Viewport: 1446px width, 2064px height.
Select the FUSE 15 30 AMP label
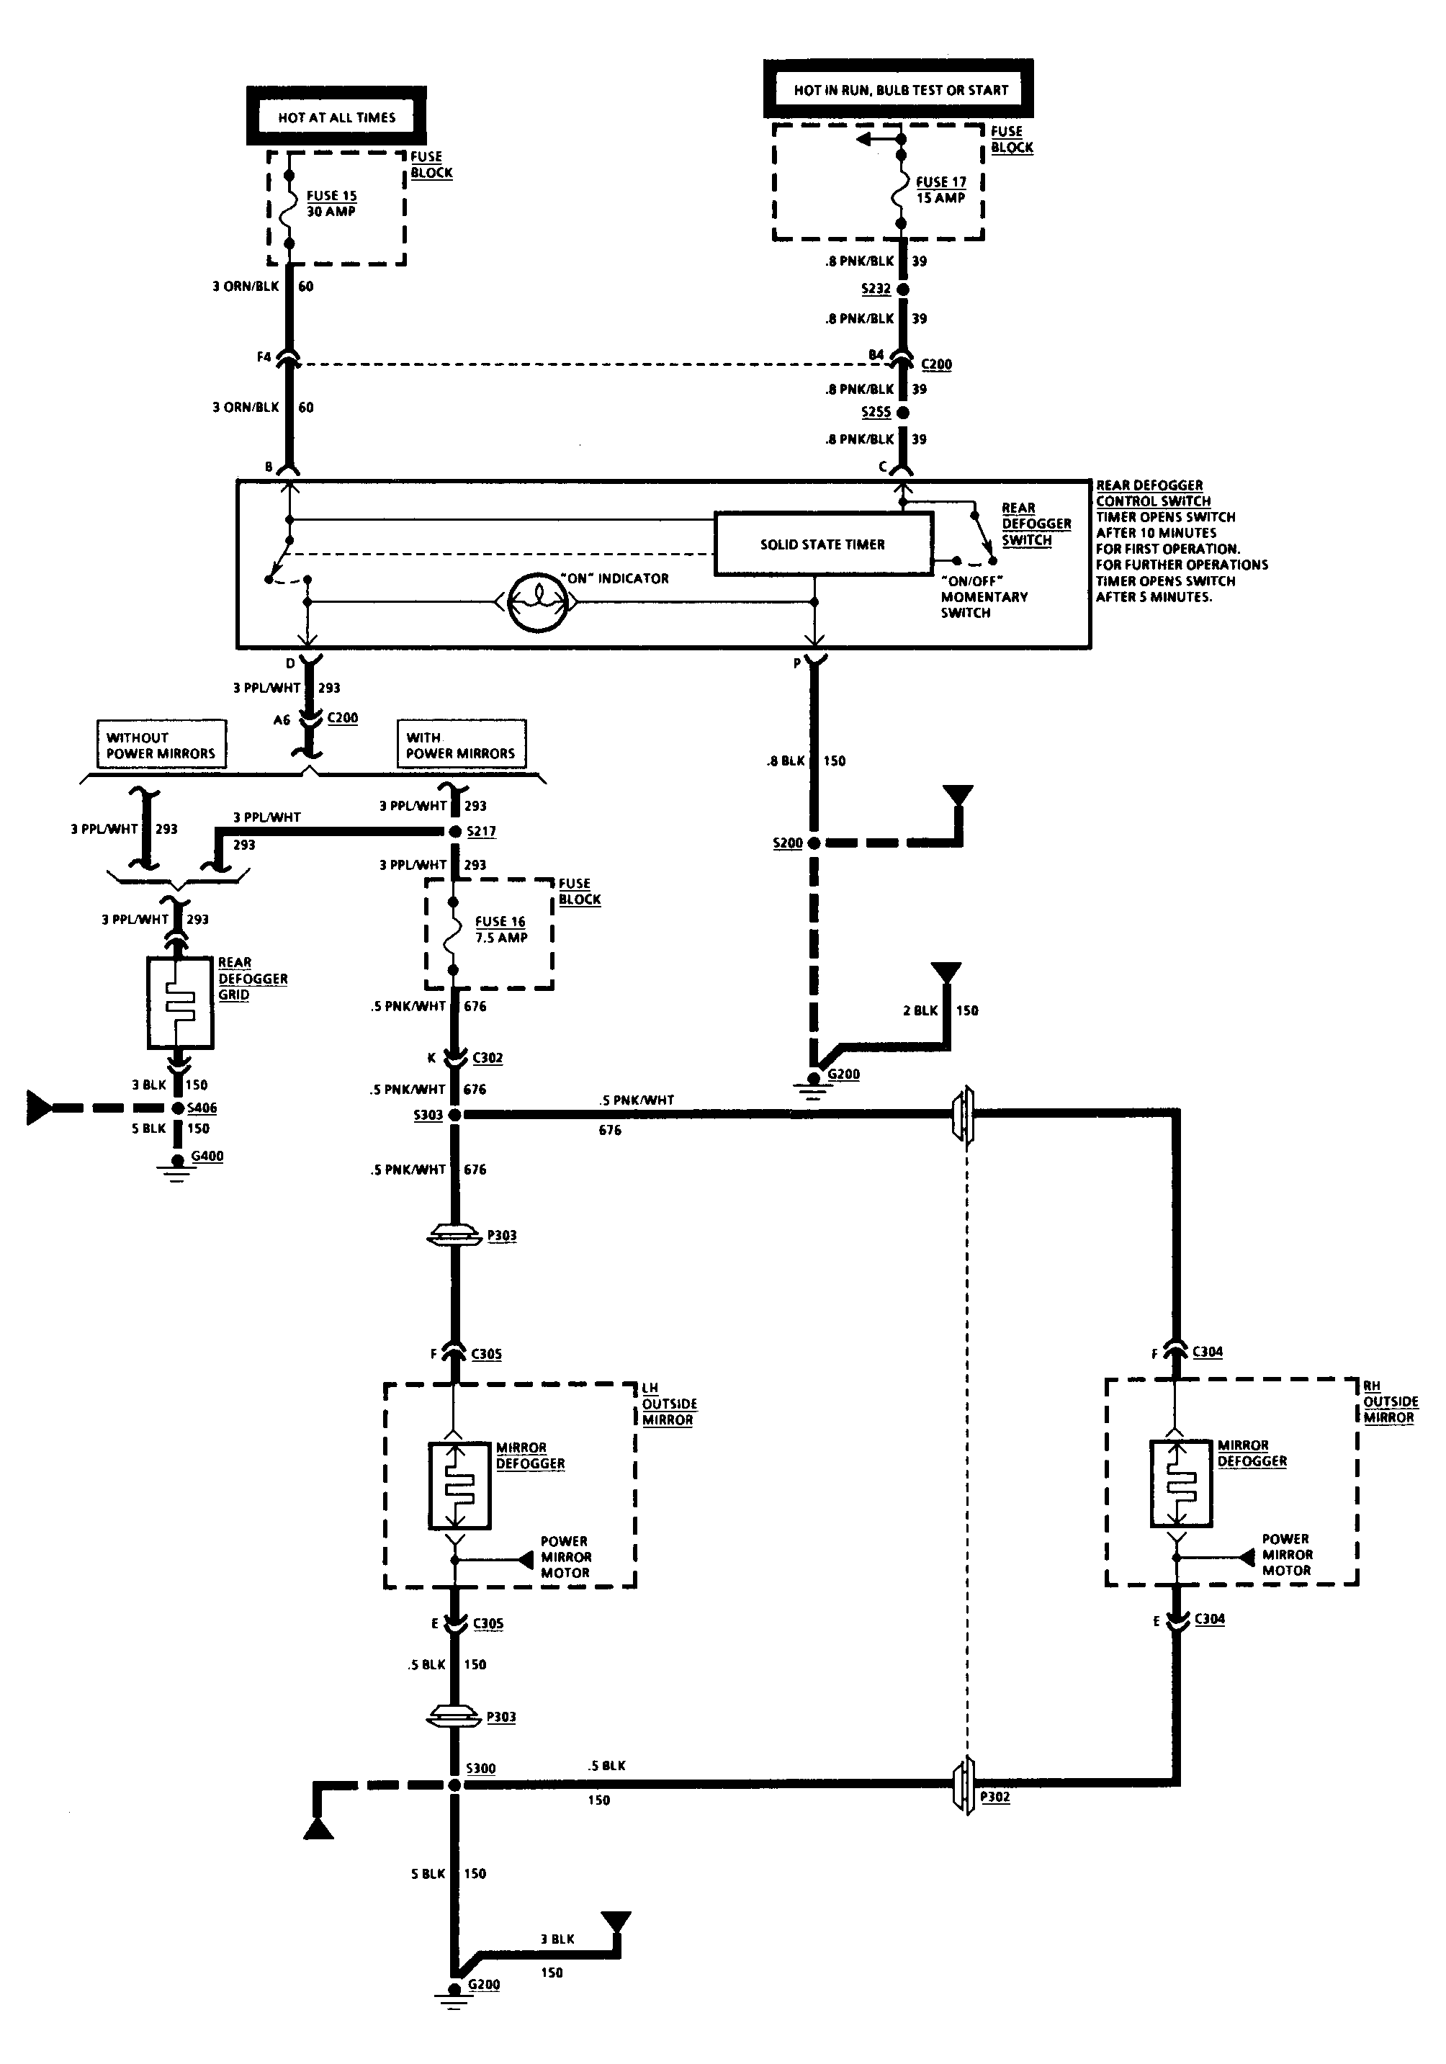pyautogui.click(x=332, y=203)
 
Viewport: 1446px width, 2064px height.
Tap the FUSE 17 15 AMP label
pyautogui.click(x=941, y=189)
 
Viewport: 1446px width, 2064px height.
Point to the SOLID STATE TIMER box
pyautogui.click(x=823, y=544)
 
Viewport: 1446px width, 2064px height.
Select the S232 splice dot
pyautogui.click(x=902, y=290)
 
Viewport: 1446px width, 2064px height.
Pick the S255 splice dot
pyautogui.click(x=902, y=413)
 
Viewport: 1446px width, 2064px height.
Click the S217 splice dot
pyautogui.click(x=454, y=832)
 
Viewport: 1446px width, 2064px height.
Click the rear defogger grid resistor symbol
pyautogui.click(x=180, y=1002)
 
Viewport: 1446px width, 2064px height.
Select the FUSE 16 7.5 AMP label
pyautogui.click(x=500, y=930)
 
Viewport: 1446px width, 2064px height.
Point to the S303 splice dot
pyautogui.click(x=454, y=1115)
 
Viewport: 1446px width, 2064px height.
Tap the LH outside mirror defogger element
pyautogui.click(x=459, y=1486)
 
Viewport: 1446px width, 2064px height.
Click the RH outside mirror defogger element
pyautogui.click(x=1181, y=1484)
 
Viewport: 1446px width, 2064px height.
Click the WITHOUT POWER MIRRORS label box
pyautogui.click(x=160, y=745)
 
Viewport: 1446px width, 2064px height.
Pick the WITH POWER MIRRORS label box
pyautogui.click(x=461, y=745)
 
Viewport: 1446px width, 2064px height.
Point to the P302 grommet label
pyautogui.click(x=995, y=1797)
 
